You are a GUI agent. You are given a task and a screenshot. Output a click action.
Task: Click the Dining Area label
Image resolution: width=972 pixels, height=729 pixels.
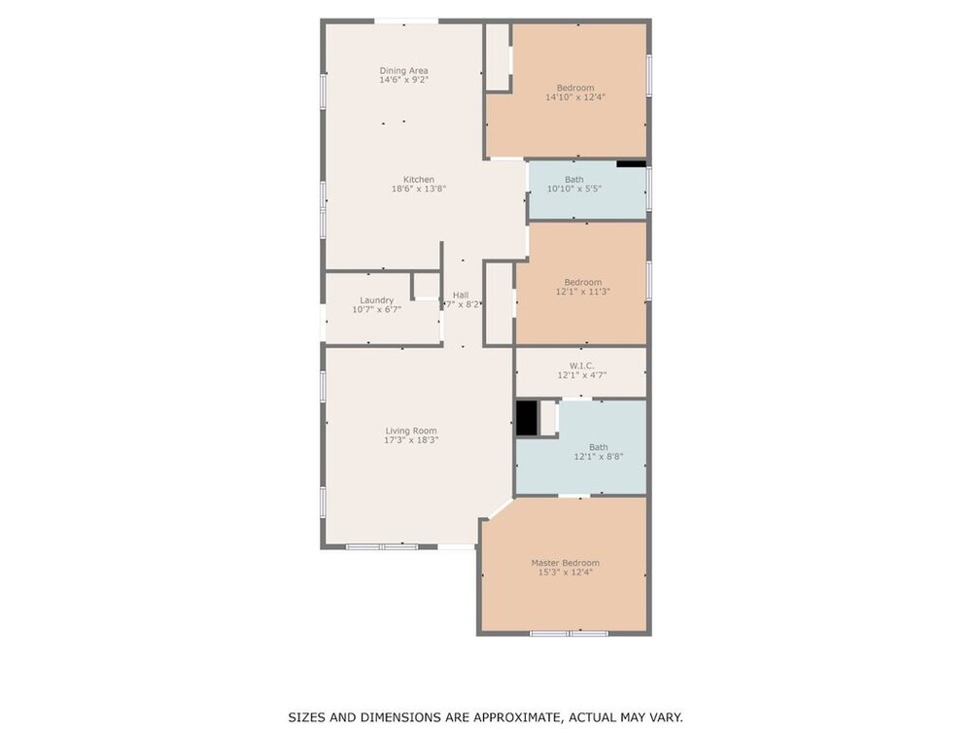coord(403,71)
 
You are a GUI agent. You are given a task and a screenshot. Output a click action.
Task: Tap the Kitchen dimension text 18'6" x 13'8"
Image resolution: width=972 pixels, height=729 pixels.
coord(419,190)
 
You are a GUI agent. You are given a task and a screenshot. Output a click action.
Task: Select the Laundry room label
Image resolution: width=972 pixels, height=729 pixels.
coord(377,300)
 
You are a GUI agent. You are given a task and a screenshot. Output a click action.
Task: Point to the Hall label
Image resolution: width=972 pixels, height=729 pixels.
coord(461,295)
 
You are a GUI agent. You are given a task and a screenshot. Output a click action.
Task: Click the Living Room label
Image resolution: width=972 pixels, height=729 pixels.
coord(411,431)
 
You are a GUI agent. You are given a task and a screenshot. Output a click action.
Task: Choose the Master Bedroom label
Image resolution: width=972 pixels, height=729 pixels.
coord(566,563)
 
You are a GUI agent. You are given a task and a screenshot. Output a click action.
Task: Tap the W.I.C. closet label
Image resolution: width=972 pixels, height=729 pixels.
coord(581,365)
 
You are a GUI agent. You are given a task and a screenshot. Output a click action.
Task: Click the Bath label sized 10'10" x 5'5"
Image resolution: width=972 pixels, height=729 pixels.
coord(574,180)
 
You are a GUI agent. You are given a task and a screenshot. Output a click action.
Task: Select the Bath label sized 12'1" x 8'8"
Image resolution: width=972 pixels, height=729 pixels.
coord(598,447)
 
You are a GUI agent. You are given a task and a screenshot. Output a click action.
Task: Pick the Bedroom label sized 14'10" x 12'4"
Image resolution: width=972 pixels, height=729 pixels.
coord(575,88)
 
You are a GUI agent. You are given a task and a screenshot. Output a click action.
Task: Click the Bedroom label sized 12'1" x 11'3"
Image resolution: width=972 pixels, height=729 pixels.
coord(582,282)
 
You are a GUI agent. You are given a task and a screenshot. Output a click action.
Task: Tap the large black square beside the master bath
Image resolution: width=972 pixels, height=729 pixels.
coord(527,418)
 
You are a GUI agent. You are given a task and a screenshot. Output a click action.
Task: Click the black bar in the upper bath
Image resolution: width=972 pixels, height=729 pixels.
coord(631,164)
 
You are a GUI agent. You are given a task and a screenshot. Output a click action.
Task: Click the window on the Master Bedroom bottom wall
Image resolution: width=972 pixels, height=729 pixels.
coord(569,633)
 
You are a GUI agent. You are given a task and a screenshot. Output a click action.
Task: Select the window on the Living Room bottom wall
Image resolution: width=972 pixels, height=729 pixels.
coord(382,546)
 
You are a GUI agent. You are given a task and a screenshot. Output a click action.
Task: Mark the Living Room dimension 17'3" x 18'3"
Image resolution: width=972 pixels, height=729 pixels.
coord(411,440)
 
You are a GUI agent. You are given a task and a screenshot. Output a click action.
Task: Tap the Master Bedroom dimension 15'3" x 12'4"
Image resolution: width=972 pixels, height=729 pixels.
coord(566,573)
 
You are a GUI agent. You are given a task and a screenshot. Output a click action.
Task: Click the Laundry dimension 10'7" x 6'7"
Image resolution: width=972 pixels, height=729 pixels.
coord(377,309)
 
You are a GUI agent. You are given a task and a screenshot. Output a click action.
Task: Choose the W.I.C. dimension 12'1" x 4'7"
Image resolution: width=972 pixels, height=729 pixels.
coord(581,375)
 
